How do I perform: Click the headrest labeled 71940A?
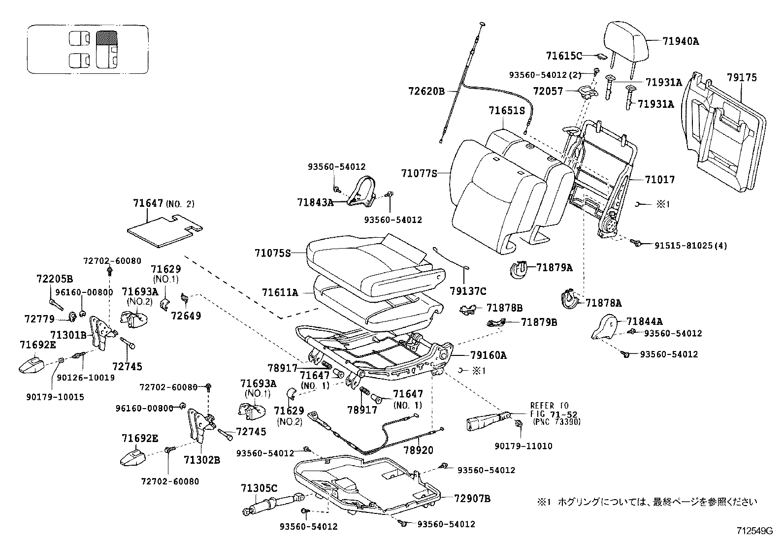click(x=623, y=36)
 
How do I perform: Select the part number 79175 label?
click(x=742, y=77)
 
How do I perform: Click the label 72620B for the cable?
click(x=426, y=91)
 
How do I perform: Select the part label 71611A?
click(x=280, y=292)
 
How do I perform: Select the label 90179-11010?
click(x=523, y=446)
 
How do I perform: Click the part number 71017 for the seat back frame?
click(x=659, y=180)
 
